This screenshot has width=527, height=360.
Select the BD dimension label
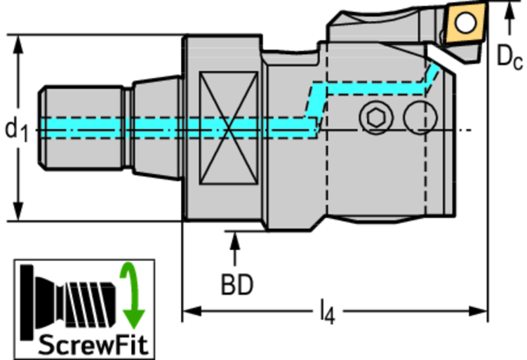[x=237, y=285]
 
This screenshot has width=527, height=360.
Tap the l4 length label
[x=327, y=312]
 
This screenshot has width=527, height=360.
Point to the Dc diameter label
[x=510, y=57]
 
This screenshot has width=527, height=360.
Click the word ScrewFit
[x=93, y=345]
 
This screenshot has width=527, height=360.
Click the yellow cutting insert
[x=465, y=23]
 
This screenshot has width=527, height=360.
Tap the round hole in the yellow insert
[x=466, y=22]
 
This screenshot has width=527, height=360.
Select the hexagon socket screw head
[x=376, y=118]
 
